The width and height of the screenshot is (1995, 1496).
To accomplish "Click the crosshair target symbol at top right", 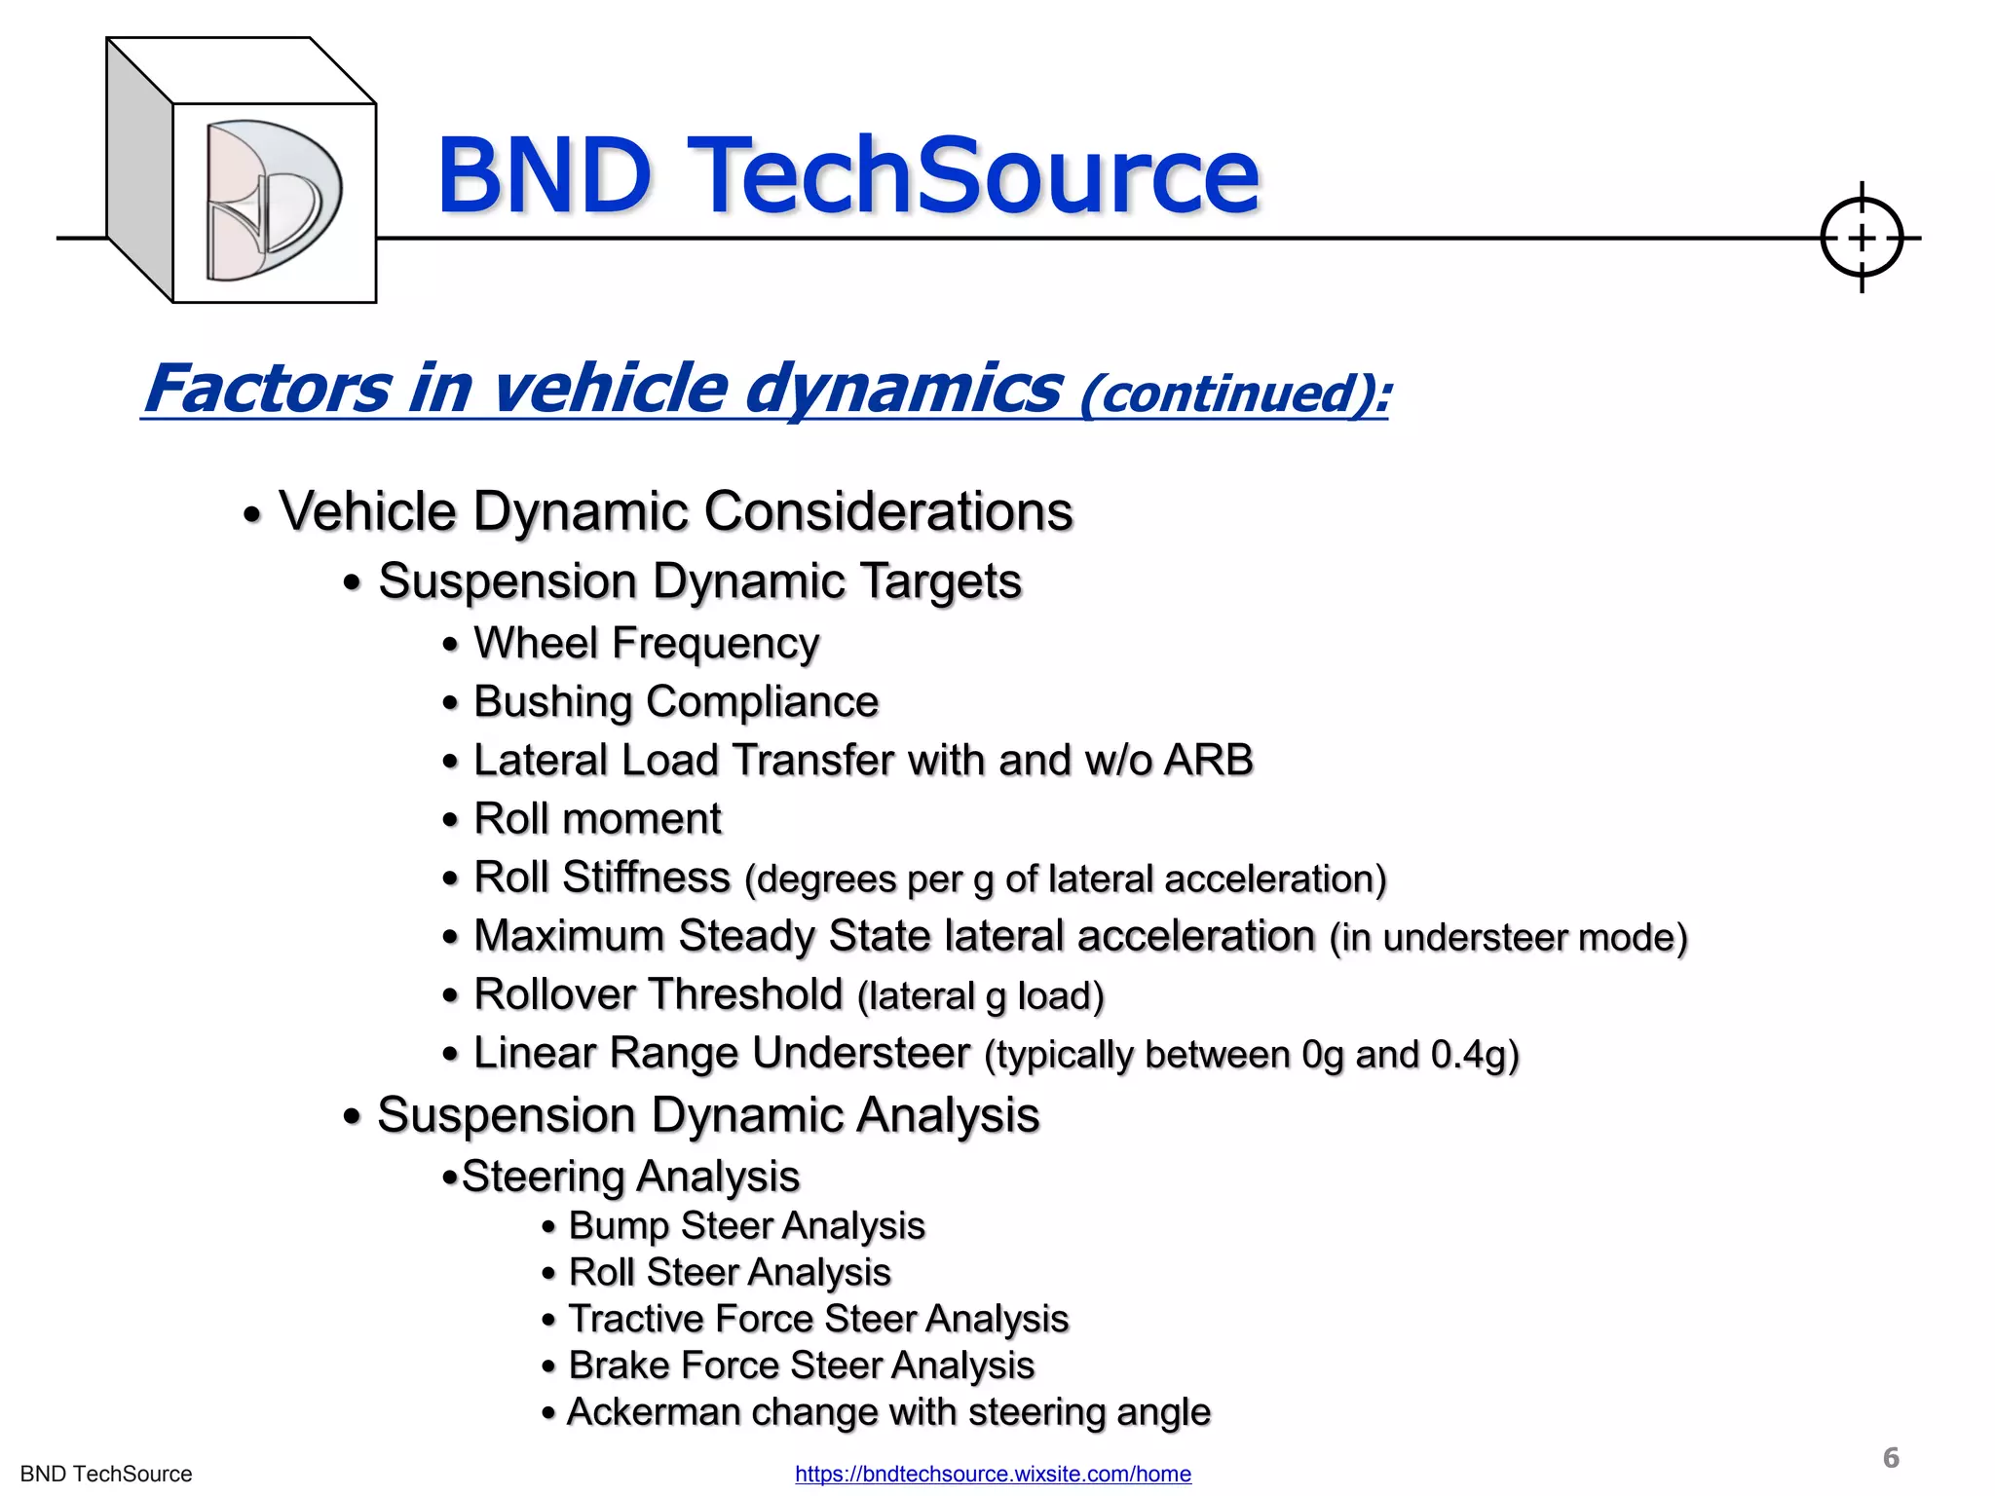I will click(x=1861, y=238).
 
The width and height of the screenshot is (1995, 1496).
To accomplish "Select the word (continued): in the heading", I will click(x=1235, y=394).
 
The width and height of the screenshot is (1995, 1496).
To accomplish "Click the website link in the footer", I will click(x=993, y=1474).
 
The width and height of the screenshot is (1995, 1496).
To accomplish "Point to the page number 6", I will click(x=1891, y=1457).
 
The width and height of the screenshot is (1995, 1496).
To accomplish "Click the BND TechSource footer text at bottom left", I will click(x=106, y=1474).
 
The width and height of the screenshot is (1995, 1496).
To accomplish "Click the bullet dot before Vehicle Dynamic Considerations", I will click(x=252, y=515).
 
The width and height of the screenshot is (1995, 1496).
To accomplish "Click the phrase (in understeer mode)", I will click(x=1508, y=937).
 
